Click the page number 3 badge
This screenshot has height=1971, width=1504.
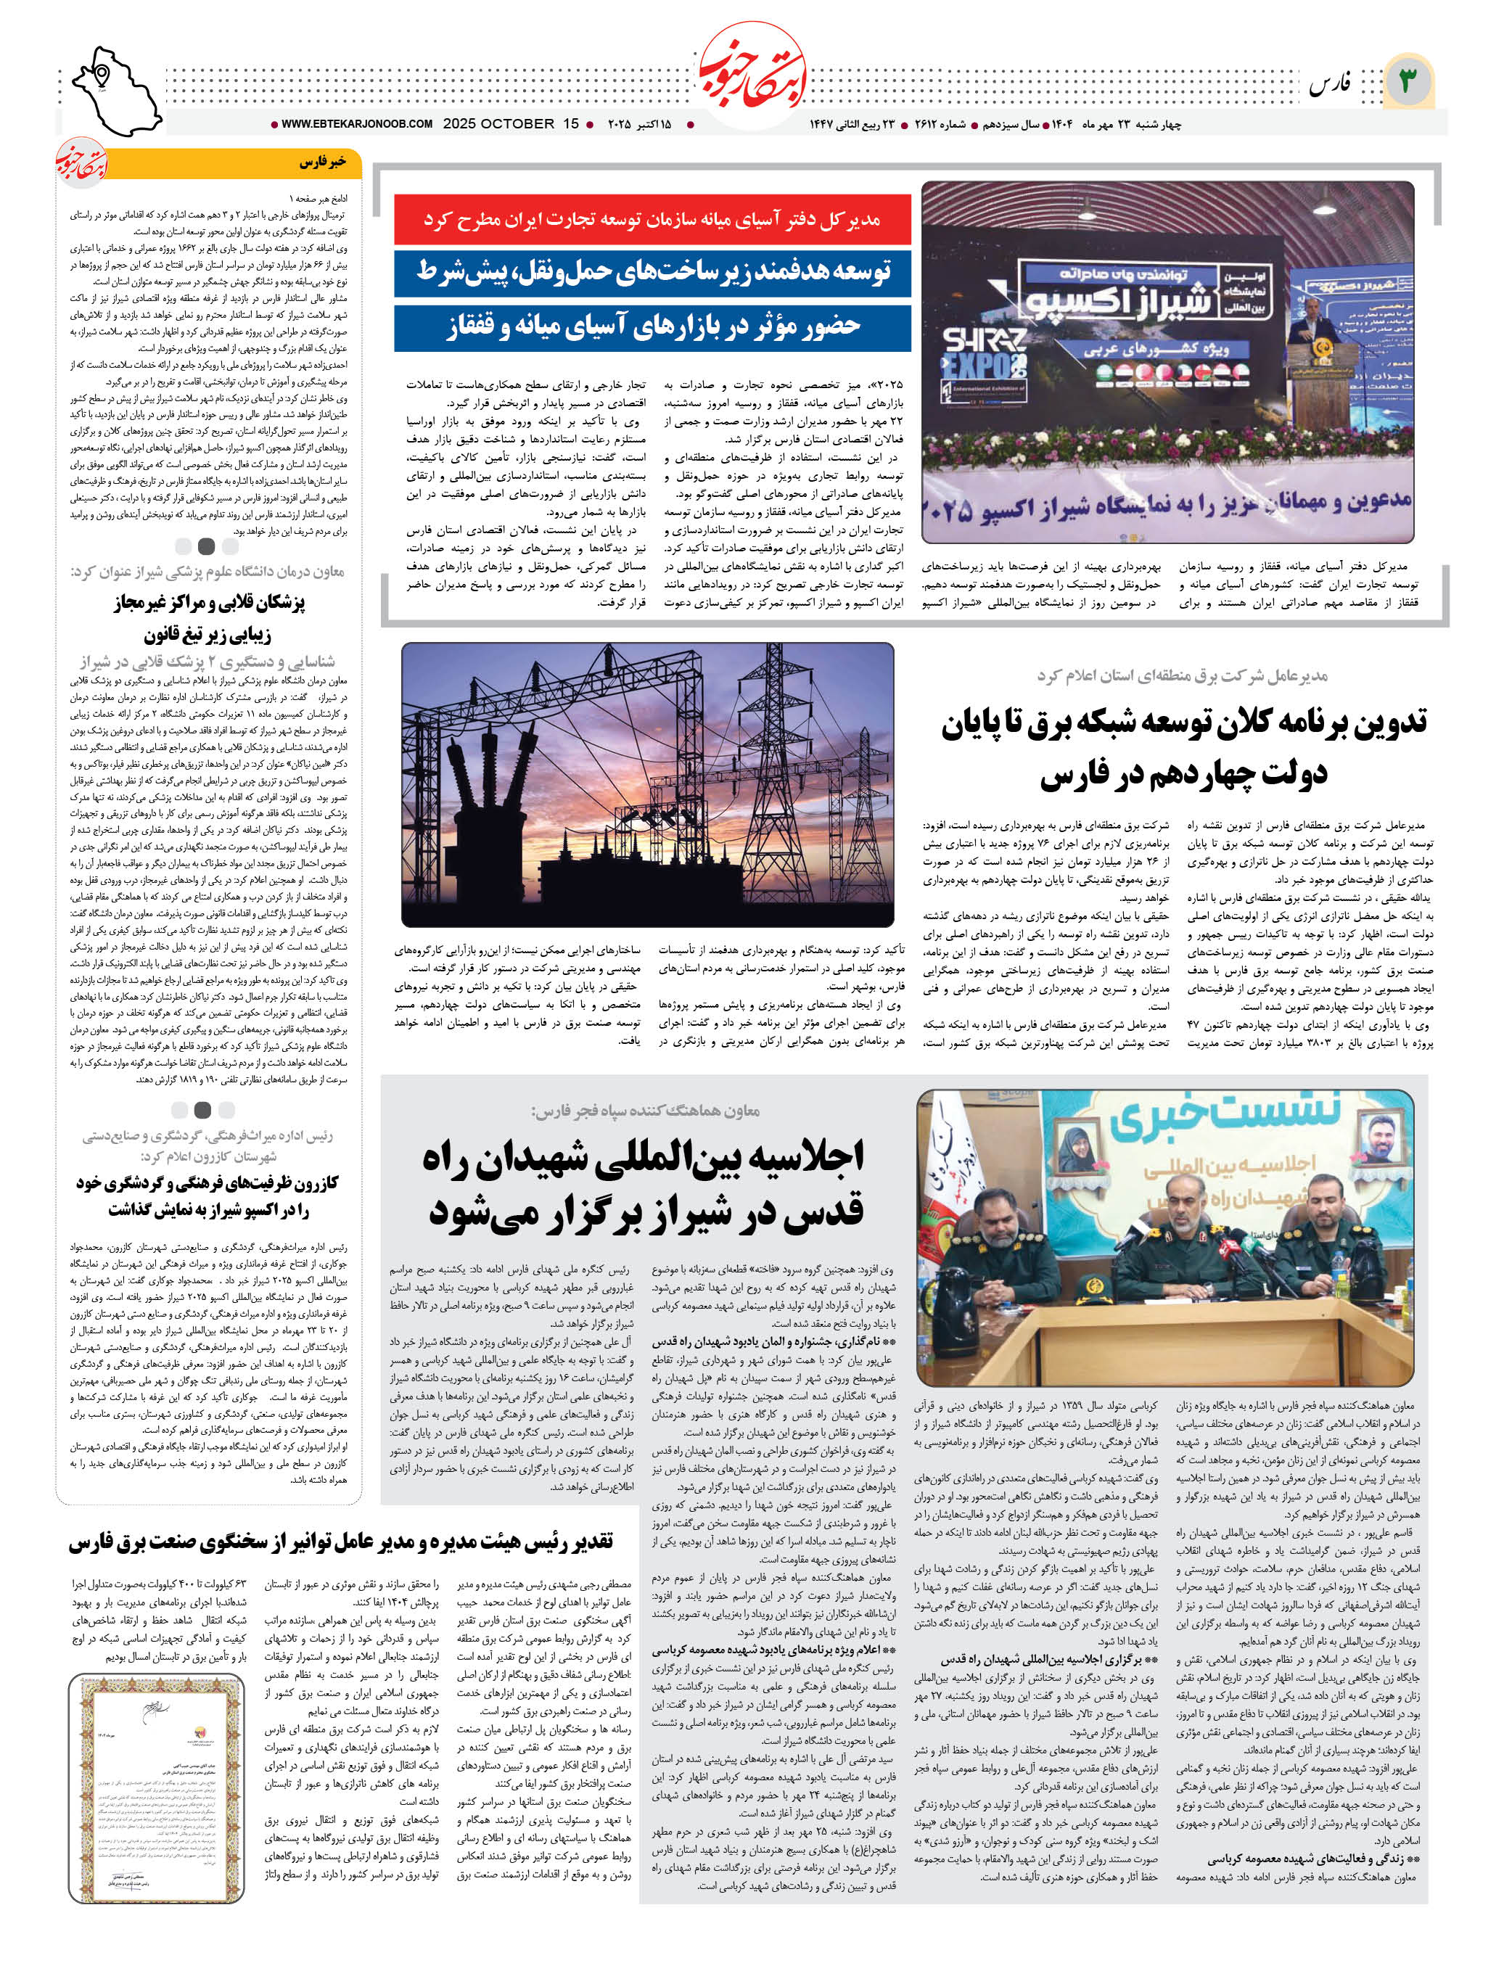[x=1408, y=81]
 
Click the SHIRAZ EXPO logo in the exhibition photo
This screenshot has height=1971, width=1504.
[x=985, y=353]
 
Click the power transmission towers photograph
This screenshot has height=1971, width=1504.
[x=647, y=783]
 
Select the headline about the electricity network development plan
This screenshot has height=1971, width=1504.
[x=1183, y=746]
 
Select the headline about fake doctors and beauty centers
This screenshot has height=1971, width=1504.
[x=209, y=617]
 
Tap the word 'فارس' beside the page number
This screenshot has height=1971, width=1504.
[x=1329, y=85]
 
